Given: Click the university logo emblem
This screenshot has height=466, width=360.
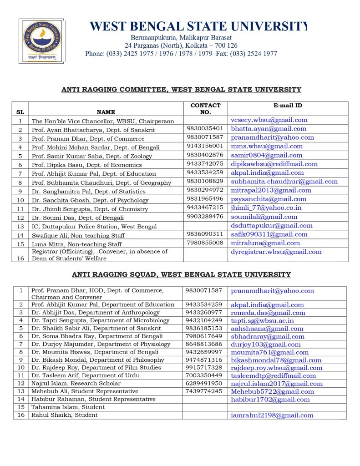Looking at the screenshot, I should pos(41,40).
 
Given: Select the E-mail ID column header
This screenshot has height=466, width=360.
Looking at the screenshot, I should pos(288,106).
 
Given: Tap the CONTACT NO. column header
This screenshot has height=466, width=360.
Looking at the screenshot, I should pos(205,108).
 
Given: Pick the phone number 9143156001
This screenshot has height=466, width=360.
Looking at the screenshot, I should pos(205,146).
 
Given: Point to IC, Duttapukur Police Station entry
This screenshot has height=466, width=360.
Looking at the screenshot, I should pos(94,226).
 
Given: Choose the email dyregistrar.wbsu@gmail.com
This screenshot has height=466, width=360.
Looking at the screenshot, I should pos(276,252).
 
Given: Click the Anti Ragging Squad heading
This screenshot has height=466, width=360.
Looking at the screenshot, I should pos(181,274).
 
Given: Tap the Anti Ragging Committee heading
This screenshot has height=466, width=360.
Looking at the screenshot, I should pos(181,90).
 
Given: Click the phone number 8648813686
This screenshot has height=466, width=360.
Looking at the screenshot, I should pos(203,344).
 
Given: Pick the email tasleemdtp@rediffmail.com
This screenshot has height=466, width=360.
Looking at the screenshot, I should pos(273,376).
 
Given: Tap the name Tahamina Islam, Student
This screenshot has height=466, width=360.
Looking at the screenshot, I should pos(68,407).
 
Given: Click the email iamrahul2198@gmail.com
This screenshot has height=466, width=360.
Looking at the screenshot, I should pos(272,415).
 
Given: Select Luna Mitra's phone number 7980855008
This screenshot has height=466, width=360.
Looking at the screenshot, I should pos(205,243).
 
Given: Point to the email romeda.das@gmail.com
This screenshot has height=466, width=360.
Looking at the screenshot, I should pos(268,313).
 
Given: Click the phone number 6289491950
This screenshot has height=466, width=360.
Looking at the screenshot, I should pos(203,383).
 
